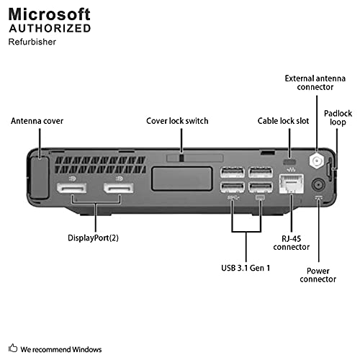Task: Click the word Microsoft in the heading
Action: [x=50, y=14]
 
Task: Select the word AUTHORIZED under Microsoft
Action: [x=50, y=30]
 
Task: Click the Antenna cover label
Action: [x=36, y=121]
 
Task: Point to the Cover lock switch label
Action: [x=177, y=121]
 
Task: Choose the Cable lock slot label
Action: [x=283, y=121]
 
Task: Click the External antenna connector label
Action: [x=309, y=82]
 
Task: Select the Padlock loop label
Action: [x=338, y=118]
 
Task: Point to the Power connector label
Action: [x=319, y=274]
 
